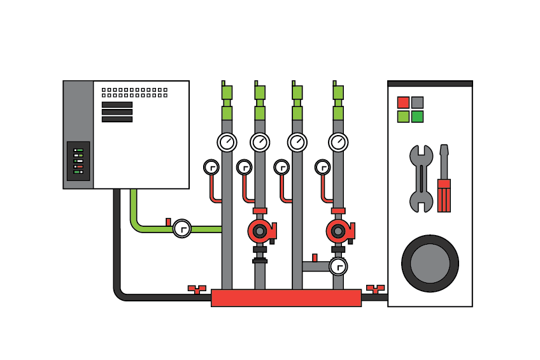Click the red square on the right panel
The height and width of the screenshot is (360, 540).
tap(403, 103)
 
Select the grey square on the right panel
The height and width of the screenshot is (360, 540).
tap(417, 103)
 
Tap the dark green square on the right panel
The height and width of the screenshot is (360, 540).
tap(417, 117)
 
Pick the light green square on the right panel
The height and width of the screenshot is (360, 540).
tap(403, 117)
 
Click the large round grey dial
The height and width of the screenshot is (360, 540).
tap(430, 263)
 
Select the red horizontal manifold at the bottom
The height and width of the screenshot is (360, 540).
tap(287, 298)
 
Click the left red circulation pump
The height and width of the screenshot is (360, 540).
tap(260, 231)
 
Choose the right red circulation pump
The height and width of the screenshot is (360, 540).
tap(338, 231)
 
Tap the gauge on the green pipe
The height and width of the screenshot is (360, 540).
tap(182, 228)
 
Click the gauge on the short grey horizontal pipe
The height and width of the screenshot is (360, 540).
tap(338, 266)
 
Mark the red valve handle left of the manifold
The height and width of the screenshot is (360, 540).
tap(197, 289)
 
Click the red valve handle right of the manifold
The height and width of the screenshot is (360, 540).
tap(376, 289)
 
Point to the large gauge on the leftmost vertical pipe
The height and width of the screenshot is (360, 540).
tap(227, 142)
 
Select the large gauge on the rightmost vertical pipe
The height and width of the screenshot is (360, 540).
tap(338, 142)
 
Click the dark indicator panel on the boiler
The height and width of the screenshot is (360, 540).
tap(78, 161)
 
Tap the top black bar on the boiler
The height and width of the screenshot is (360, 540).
tap(117, 104)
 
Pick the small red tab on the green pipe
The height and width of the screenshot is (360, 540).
tap(168, 222)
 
